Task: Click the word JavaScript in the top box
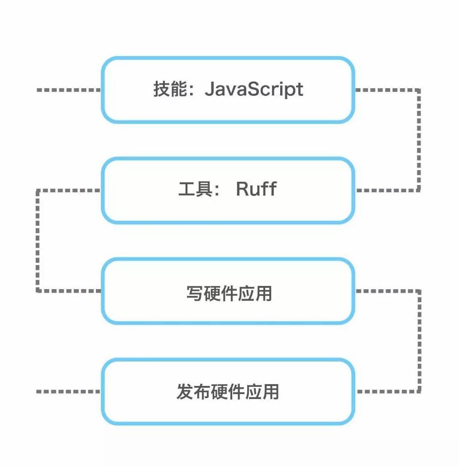[x=253, y=90]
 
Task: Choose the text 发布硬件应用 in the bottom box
[x=228, y=392]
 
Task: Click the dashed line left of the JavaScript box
[x=68, y=90]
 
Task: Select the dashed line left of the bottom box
[x=68, y=391]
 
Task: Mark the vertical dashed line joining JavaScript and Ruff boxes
[x=419, y=140]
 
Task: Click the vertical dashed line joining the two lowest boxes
[x=419, y=342]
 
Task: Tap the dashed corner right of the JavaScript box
[x=419, y=90]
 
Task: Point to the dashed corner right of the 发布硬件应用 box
[x=419, y=391]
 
